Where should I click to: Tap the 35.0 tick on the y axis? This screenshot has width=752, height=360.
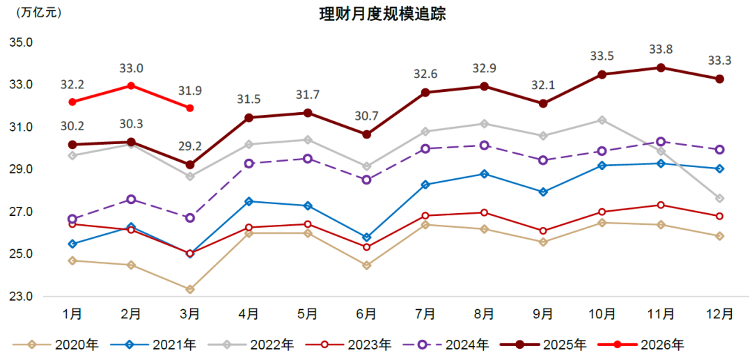pyautogui.click(x=22, y=42)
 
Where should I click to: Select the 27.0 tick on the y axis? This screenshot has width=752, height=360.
pyautogui.click(x=22, y=212)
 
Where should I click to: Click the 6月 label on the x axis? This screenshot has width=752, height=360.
pyautogui.click(x=366, y=313)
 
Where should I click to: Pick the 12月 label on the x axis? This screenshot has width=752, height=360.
pyautogui.click(x=719, y=313)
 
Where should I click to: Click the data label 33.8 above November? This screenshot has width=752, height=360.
pyautogui.click(x=660, y=49)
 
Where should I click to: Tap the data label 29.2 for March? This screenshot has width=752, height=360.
pyautogui.click(x=190, y=147)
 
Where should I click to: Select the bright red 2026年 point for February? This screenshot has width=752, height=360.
pyautogui.click(x=131, y=86)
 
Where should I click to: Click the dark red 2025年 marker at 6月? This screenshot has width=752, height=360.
pyautogui.click(x=366, y=134)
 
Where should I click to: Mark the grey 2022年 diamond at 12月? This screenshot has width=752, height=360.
pyautogui.click(x=719, y=198)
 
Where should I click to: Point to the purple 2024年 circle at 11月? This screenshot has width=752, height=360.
pyautogui.click(x=660, y=142)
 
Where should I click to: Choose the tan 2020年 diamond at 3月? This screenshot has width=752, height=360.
pyautogui.click(x=190, y=289)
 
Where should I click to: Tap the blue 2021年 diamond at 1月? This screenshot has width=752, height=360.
pyautogui.click(x=72, y=244)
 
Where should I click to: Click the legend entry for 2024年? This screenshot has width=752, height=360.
pyautogui.click(x=453, y=344)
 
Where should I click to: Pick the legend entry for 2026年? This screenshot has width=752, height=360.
pyautogui.click(x=648, y=344)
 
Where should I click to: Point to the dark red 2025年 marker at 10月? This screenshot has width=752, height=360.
pyautogui.click(x=602, y=75)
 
